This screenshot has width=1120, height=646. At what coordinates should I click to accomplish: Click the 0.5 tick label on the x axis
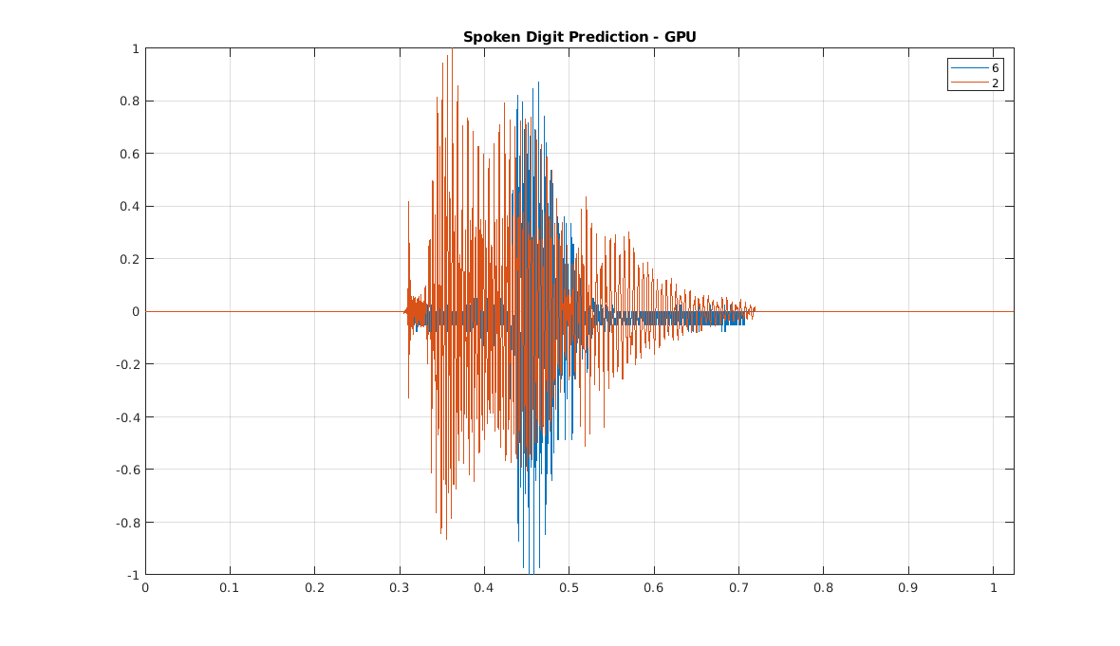[569, 587]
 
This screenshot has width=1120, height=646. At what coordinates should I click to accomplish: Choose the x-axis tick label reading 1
[993, 587]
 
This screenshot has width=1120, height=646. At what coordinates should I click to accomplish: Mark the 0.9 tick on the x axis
[908, 587]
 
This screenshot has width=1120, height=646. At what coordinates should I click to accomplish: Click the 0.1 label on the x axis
[230, 587]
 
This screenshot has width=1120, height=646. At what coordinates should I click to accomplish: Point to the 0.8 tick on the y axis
[131, 101]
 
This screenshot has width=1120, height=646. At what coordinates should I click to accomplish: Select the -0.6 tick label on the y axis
[128, 470]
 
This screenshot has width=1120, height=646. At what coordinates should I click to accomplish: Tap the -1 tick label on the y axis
[134, 575]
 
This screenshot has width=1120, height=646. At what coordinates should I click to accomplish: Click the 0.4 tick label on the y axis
[131, 206]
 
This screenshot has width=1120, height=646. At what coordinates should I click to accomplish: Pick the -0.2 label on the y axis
[128, 364]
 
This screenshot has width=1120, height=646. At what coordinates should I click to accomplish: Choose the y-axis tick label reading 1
[136, 48]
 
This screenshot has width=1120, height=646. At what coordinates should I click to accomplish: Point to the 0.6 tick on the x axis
[654, 587]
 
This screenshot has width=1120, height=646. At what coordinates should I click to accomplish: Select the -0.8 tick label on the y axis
[128, 522]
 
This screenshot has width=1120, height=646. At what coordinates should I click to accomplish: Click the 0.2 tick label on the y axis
[131, 259]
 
